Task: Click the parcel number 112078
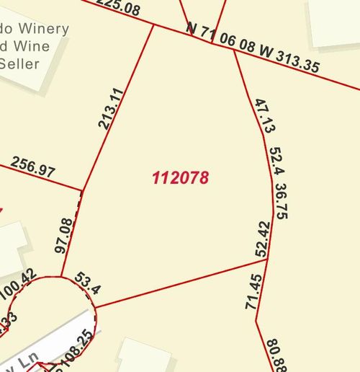[x=181, y=177]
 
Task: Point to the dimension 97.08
[x=64, y=235]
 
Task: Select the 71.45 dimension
[x=253, y=292]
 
